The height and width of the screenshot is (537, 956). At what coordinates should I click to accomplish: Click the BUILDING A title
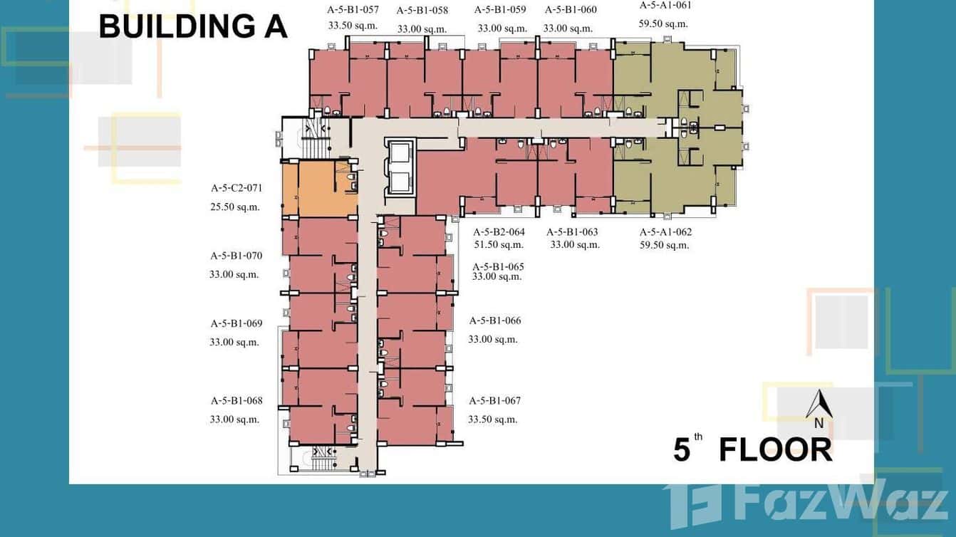pyautogui.click(x=192, y=26)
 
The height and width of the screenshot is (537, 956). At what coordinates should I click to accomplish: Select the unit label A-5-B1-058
pyautogui.click(x=422, y=10)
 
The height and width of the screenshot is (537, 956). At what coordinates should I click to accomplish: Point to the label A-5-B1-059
pyautogui.click(x=500, y=10)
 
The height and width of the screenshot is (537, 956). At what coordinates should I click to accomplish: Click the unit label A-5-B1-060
pyautogui.click(x=571, y=10)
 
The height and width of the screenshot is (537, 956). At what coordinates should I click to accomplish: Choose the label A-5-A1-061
pyautogui.click(x=665, y=5)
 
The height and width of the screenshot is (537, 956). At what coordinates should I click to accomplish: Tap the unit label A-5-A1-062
pyautogui.click(x=665, y=231)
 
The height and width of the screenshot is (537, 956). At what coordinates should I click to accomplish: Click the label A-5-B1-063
pyautogui.click(x=572, y=231)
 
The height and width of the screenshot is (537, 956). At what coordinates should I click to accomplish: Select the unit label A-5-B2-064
pyautogui.click(x=499, y=231)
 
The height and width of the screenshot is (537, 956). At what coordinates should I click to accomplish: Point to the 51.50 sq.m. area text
pyautogui.click(x=499, y=245)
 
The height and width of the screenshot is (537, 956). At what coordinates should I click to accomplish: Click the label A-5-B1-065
pyautogui.click(x=498, y=266)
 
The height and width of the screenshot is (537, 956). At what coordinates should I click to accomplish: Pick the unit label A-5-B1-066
pyautogui.click(x=495, y=320)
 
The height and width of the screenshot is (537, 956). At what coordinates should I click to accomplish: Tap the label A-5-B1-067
pyautogui.click(x=494, y=400)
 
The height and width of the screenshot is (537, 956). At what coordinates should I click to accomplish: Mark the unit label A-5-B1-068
pyautogui.click(x=237, y=400)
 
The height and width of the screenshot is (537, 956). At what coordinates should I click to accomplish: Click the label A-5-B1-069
pyautogui.click(x=237, y=323)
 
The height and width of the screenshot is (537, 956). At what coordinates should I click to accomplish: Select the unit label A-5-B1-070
pyautogui.click(x=237, y=255)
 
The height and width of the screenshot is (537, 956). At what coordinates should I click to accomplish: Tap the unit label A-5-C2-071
pyautogui.click(x=237, y=189)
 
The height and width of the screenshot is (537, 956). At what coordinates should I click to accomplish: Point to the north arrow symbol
pyautogui.click(x=819, y=406)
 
